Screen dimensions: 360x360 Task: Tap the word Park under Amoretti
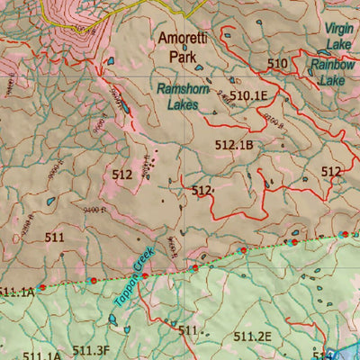(183, 56)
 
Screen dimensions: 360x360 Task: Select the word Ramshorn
(183, 89)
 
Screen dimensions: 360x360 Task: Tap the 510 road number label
(278, 63)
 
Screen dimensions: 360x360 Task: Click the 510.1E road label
(248, 95)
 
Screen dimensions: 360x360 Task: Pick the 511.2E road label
(252, 337)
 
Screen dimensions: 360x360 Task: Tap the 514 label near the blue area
(322, 354)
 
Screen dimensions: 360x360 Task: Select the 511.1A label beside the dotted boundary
(17, 292)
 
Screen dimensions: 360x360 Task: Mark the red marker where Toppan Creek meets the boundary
(145, 275)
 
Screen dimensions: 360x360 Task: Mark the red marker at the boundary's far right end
(343, 234)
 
